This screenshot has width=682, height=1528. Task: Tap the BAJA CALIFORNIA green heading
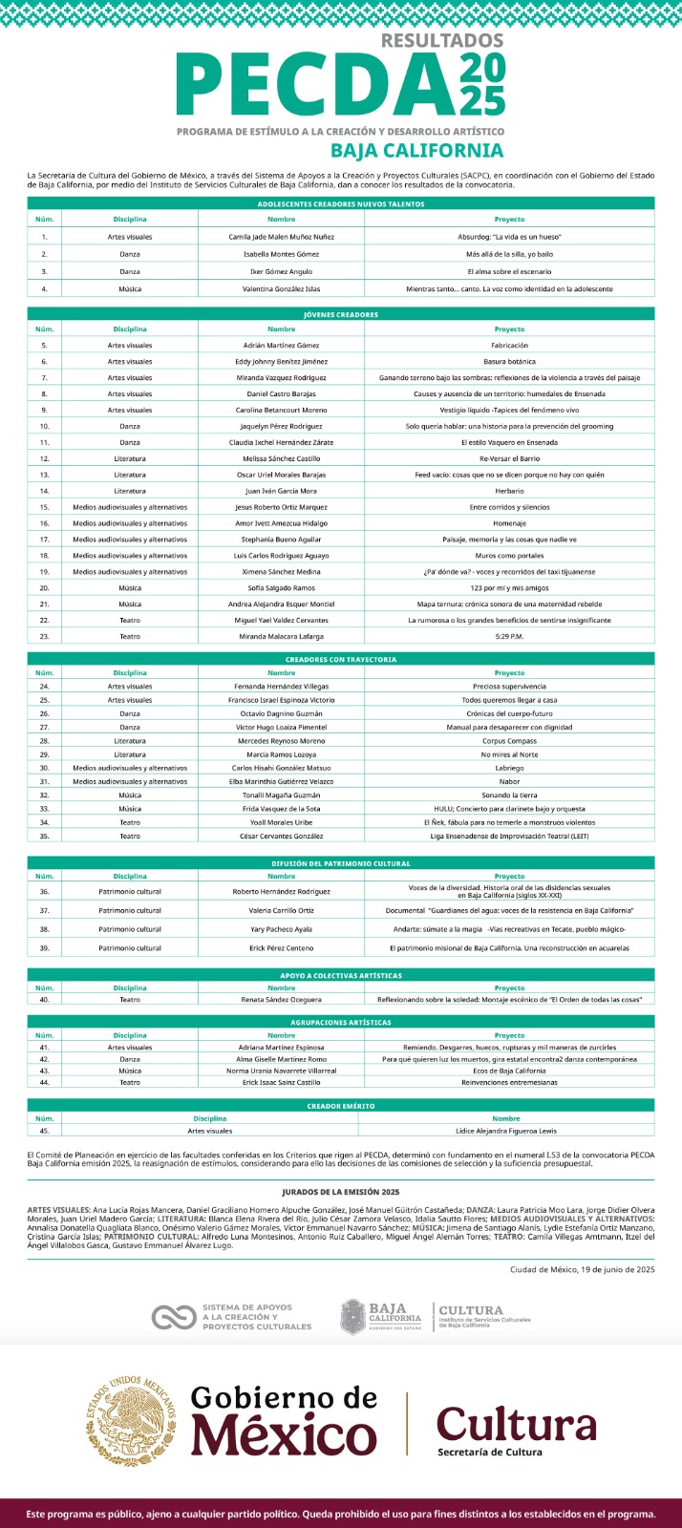[x=416, y=150]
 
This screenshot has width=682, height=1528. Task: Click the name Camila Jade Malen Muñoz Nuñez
[x=281, y=237]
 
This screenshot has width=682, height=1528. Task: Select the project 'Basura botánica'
[x=509, y=362]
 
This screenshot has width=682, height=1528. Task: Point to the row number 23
[x=44, y=636]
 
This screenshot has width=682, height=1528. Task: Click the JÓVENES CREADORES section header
[x=341, y=314]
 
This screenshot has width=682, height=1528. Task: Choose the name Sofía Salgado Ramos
[x=281, y=588]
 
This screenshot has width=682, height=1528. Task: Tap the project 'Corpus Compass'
[x=509, y=741]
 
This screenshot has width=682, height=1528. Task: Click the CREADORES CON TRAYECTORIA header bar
[x=341, y=659]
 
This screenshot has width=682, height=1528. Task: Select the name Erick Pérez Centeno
[x=281, y=948]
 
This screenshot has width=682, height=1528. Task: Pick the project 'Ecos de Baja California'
[x=509, y=1071]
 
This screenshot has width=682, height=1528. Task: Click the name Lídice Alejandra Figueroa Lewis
[x=505, y=1131]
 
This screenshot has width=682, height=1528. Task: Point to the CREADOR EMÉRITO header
[x=341, y=1106]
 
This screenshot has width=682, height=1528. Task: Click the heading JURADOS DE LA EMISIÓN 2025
[x=341, y=1192]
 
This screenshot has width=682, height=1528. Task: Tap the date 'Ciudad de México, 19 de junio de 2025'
[x=582, y=1269]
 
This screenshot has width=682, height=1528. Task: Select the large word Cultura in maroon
[x=516, y=1423]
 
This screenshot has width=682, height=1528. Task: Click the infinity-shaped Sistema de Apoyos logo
[x=173, y=1318]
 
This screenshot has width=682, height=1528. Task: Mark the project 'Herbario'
[x=509, y=491]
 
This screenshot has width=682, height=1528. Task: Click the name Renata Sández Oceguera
[x=281, y=1000]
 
